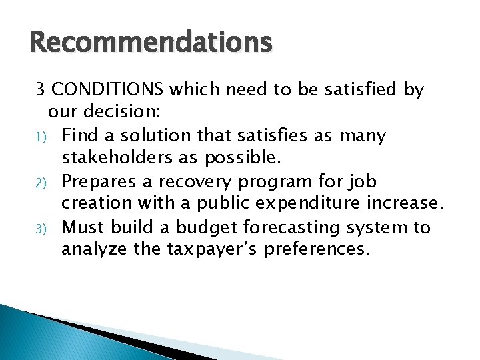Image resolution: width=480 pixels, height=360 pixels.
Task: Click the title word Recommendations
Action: [151, 43]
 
